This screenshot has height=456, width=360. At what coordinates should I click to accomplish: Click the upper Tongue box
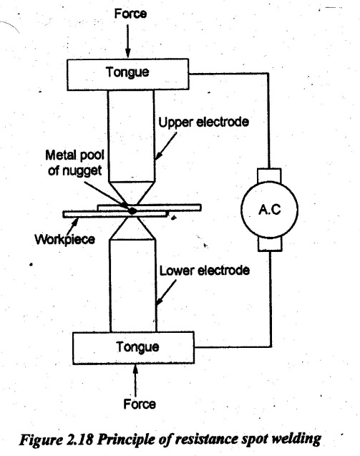pyautogui.click(x=127, y=74)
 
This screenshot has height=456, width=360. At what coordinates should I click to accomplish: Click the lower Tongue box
pyautogui.click(x=133, y=347)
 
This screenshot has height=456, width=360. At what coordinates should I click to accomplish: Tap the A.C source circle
pyautogui.click(x=269, y=209)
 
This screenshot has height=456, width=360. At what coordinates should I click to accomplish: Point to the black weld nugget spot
pyautogui.click(x=132, y=210)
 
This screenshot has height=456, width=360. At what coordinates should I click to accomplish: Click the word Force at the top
pyautogui.click(x=130, y=14)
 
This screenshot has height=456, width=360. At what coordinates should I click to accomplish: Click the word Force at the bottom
pyautogui.click(x=140, y=404)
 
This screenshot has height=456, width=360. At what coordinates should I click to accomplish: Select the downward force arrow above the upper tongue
pyautogui.click(x=127, y=41)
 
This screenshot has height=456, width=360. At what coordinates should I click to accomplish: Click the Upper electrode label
pyautogui.click(x=203, y=122)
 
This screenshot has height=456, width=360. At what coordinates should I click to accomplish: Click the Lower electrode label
pyautogui.click(x=205, y=271)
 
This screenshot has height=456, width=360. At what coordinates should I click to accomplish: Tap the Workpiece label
pyautogui.click(x=65, y=240)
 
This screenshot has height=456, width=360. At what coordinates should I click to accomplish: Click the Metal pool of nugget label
pyautogui.click(x=74, y=163)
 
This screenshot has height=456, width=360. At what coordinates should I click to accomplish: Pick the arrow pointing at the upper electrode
pyautogui.click(x=166, y=146)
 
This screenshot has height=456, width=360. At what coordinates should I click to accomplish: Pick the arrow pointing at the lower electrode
pyautogui.click(x=166, y=293)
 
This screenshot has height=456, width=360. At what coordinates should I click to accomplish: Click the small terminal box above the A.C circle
pyautogui.click(x=269, y=175)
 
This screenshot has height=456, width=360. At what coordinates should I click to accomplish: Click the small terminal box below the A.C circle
pyautogui.click(x=270, y=244)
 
